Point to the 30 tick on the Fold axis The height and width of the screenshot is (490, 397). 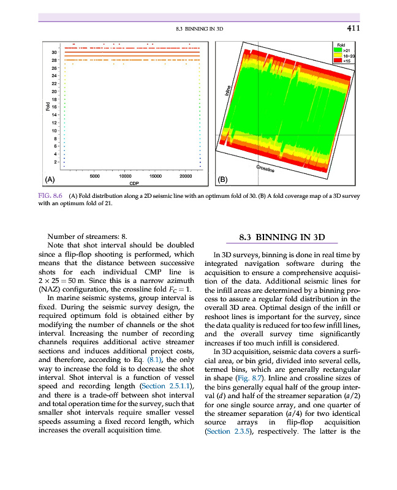[54, 53]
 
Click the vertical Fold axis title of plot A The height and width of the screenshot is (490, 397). [47, 107]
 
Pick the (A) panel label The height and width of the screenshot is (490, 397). [51, 179]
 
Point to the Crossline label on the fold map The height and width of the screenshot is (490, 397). [265, 168]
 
